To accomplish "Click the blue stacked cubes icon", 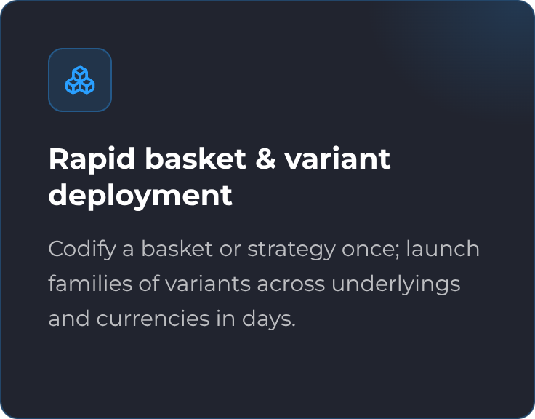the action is pos(80,80).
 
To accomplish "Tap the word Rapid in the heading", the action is pos(92,159).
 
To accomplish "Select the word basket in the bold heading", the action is pos(196,158).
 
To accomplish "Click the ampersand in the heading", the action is pos(265,159).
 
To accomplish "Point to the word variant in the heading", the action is pos(337,159).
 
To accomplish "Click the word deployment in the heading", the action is pos(140,196).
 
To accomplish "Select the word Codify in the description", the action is pos(83,250).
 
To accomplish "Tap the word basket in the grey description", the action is pos(177,249).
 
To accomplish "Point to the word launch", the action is pos(443,249).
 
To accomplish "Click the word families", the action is pos(90,284).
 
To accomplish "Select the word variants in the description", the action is pos(208,284).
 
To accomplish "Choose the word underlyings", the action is pos(395,284).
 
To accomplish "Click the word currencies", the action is pos(153,319).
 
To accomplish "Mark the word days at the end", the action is pos(269,319).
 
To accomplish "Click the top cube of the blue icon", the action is pos(80,73).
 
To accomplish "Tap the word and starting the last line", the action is pos(69,319).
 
